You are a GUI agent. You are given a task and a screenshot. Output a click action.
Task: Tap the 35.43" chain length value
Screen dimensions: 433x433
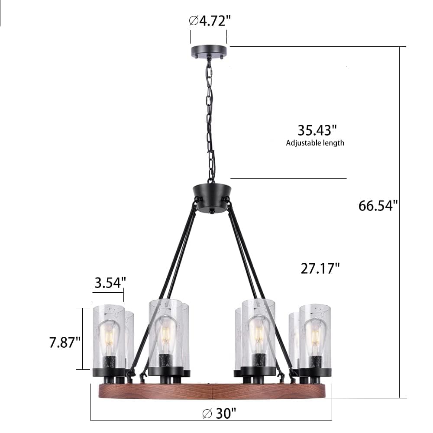point(317,130)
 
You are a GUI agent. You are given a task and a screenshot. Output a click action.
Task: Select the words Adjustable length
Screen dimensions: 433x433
point(315,143)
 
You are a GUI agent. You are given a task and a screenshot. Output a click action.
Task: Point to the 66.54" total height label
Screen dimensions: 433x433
point(378,205)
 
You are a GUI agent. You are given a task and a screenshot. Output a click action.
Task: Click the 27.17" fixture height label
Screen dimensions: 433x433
point(320,268)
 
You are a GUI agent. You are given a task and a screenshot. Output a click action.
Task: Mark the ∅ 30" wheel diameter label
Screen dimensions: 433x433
point(220,414)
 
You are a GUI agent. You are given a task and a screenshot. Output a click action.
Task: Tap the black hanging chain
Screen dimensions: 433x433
point(210,121)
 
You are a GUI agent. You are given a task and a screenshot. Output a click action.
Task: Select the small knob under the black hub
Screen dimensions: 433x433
point(212,211)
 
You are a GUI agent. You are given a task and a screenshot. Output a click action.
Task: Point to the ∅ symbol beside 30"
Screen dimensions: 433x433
point(207,414)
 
